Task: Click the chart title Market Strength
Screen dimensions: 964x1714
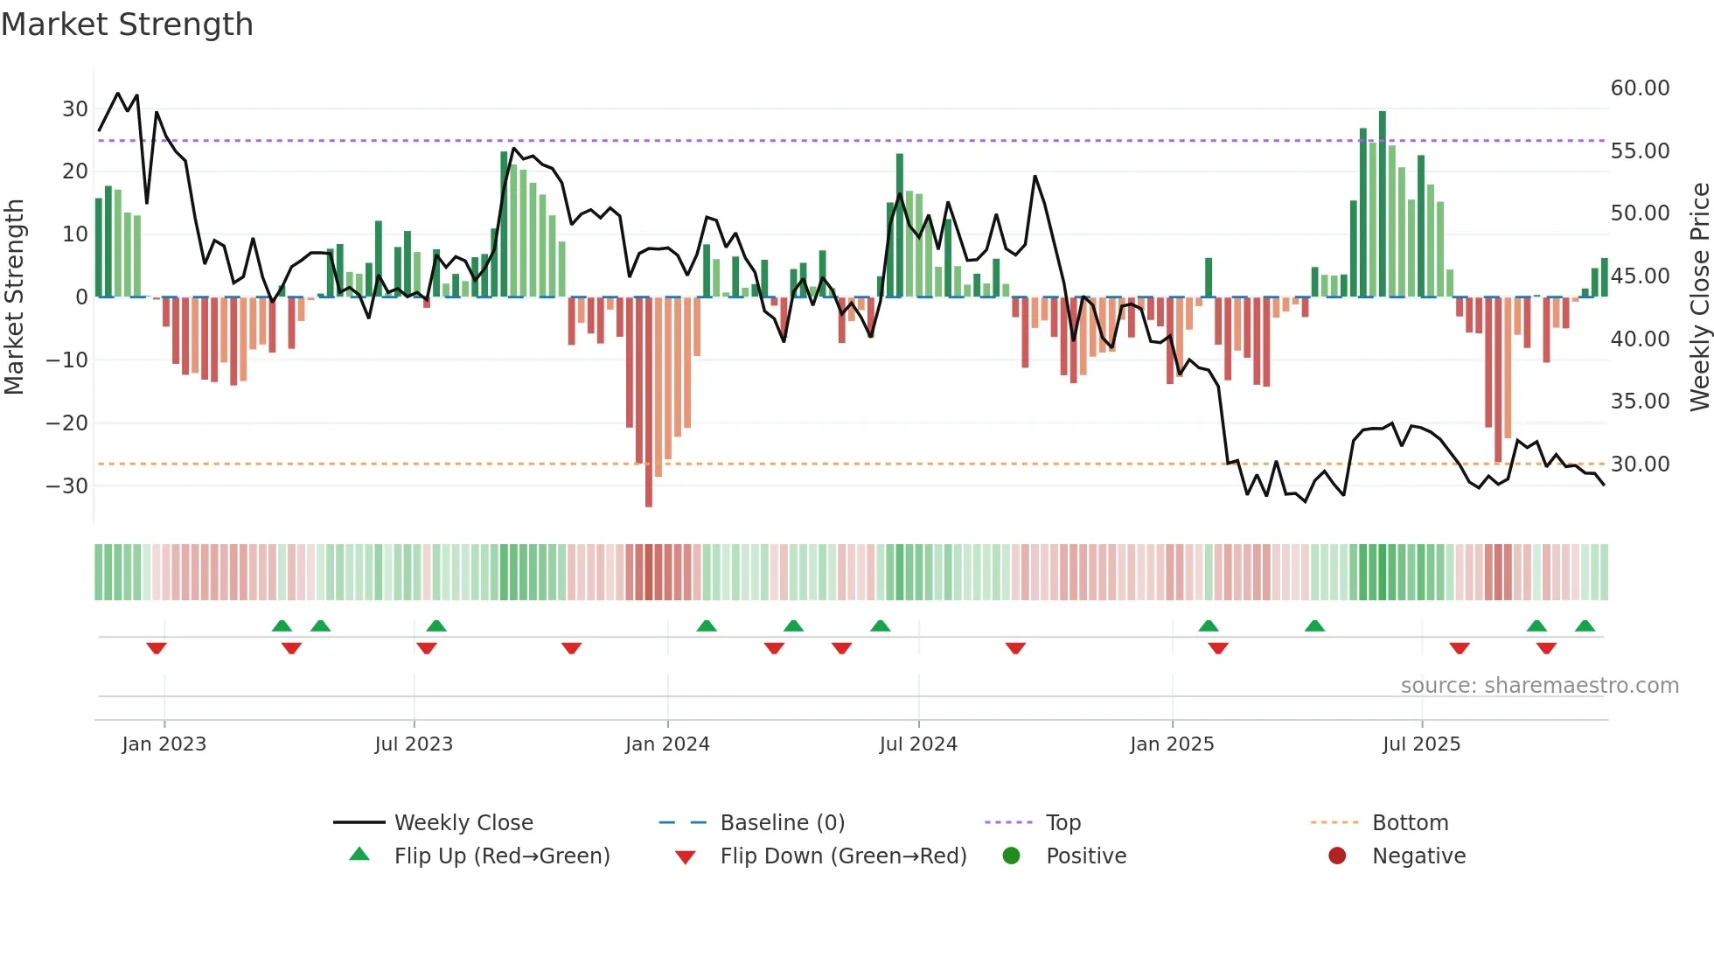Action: (127, 24)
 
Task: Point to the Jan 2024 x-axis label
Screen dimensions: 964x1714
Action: (667, 744)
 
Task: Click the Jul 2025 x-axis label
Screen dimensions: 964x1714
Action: (1421, 744)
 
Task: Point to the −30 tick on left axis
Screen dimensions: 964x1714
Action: (67, 485)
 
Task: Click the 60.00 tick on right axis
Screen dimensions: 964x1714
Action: (1640, 88)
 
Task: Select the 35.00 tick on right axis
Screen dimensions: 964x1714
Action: (1640, 402)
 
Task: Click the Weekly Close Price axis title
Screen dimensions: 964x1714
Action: (1699, 297)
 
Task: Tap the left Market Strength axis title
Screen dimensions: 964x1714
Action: (14, 297)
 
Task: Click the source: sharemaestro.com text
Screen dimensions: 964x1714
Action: (1539, 685)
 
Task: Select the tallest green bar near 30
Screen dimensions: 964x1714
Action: (1383, 204)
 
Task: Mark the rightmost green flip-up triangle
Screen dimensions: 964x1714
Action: (1585, 625)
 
